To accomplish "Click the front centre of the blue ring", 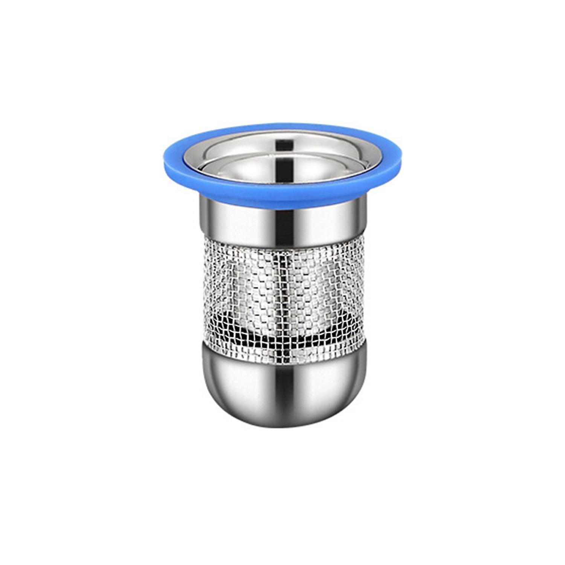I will [282, 202].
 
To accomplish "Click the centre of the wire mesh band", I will [283, 292].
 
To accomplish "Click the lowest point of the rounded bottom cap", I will [283, 427].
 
